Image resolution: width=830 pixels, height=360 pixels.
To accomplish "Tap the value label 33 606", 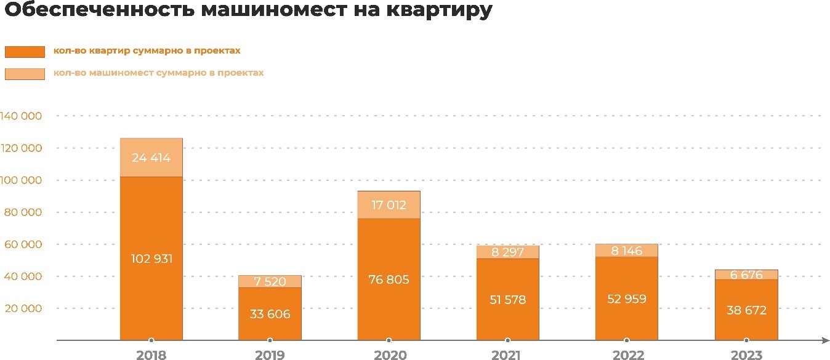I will click(270, 314).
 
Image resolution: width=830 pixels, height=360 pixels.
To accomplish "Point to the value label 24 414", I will click(151, 158).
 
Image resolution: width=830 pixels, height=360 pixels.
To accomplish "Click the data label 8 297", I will click(507, 252).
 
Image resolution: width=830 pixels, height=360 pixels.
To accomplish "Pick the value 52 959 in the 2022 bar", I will click(626, 300).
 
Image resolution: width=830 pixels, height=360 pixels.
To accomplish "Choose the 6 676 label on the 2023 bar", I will click(746, 274).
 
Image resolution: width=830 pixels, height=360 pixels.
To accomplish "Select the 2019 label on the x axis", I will click(270, 355).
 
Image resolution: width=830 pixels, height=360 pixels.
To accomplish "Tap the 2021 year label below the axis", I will click(507, 355).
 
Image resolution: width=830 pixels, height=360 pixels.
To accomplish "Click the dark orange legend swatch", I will click(25, 52).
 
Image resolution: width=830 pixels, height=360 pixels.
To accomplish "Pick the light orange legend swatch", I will click(25, 74).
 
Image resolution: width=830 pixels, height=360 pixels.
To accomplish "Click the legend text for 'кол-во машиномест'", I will click(158, 73).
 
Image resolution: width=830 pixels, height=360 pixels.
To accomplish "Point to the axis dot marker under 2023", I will click(746, 340).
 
